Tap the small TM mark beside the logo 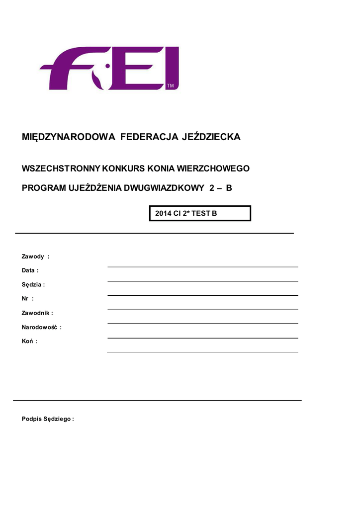point(170,86)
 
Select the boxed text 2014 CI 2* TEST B point(186,213)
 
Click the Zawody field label point(33,256)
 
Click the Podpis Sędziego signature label point(47,419)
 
